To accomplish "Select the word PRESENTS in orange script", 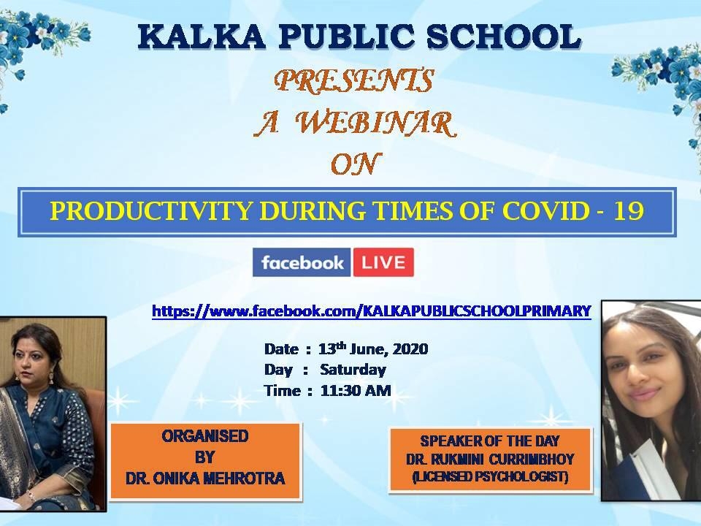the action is [x=354, y=81].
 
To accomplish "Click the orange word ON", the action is [x=356, y=164].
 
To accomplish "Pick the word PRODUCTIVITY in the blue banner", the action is [x=150, y=211].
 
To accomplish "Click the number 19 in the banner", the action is [x=628, y=210].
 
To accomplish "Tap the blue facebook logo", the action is [x=302, y=262].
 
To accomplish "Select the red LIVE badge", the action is [x=383, y=262].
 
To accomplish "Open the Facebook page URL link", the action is [x=372, y=311].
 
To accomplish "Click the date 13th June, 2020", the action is [x=373, y=348].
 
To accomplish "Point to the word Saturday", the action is [x=353, y=370].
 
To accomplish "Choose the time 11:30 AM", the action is [x=356, y=390].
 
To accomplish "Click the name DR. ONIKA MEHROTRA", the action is [x=205, y=479].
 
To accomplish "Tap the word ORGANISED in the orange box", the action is [x=205, y=436].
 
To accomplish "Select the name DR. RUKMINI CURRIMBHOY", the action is [x=491, y=460].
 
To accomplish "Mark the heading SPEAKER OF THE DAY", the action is [x=490, y=441].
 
